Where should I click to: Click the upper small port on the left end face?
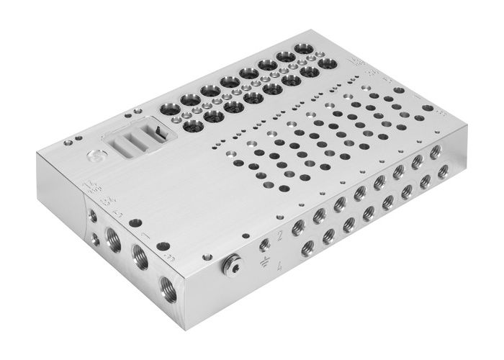click(92, 216)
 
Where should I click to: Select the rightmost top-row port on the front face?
click(434, 153)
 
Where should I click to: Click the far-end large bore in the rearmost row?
click(302, 53)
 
